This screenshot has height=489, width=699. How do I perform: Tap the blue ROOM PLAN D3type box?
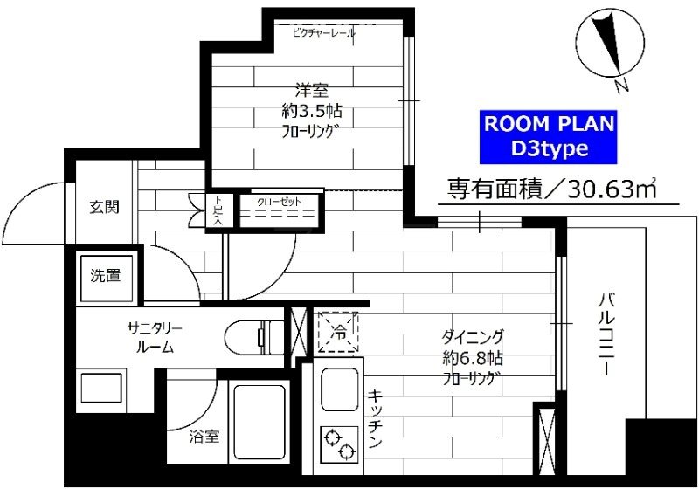[x=550, y=137]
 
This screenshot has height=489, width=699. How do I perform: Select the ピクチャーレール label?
[x=323, y=32]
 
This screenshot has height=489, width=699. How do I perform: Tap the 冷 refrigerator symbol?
[x=338, y=331]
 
